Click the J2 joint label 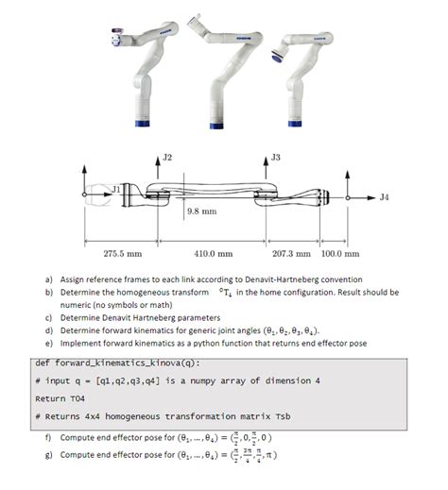[168, 156]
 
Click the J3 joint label [276, 155]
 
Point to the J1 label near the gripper [117, 189]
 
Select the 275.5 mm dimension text [122, 253]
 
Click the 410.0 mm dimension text [213, 253]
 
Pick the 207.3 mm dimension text [291, 253]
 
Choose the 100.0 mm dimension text [340, 253]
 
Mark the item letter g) [47, 454]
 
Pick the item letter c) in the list [47, 317]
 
